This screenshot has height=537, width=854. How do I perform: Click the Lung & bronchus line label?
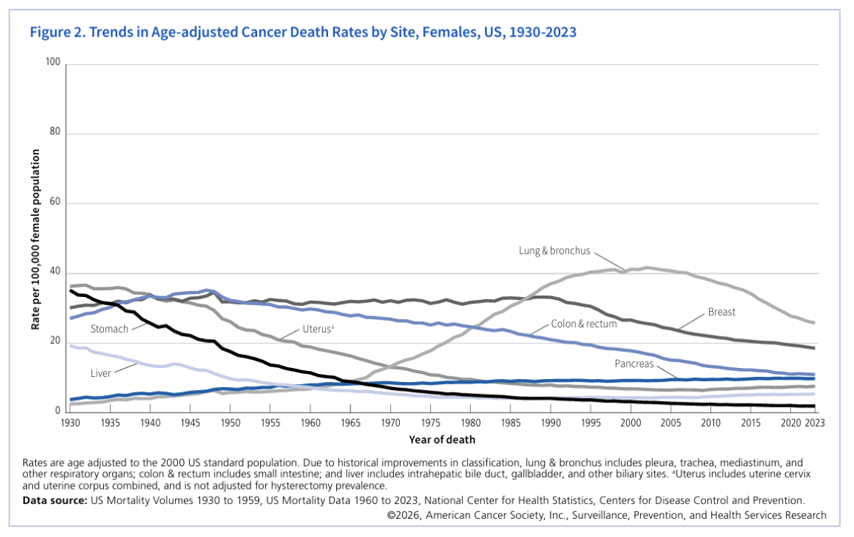(x=554, y=251)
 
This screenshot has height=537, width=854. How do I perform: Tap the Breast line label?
(x=721, y=312)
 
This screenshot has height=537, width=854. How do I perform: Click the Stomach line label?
(x=111, y=328)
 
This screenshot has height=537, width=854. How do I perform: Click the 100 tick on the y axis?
(x=53, y=64)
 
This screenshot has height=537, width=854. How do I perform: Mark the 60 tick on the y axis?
(x=55, y=203)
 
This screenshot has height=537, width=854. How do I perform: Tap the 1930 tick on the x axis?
(x=70, y=424)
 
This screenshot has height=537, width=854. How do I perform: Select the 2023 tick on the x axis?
(x=814, y=424)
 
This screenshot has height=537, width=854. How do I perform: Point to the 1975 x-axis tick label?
(x=431, y=424)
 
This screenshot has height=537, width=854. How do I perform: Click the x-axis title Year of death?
(x=442, y=440)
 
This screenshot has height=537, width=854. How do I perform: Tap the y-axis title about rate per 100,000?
(x=35, y=239)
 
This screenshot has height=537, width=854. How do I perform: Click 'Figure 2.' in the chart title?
(x=54, y=32)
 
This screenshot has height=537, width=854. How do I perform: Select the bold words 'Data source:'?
(x=54, y=500)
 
